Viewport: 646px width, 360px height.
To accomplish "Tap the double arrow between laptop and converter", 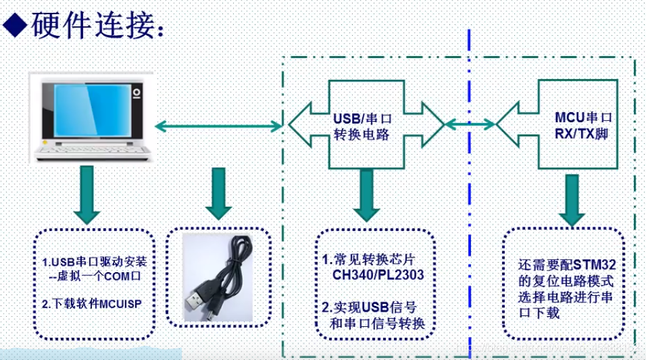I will (x=218, y=124).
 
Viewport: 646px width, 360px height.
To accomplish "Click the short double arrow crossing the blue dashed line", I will (x=470, y=124).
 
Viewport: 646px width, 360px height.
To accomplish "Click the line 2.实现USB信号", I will (x=369, y=308).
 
